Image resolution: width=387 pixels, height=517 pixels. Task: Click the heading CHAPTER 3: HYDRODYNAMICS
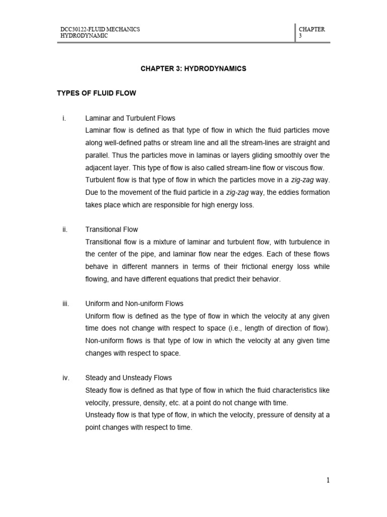pos(193,68)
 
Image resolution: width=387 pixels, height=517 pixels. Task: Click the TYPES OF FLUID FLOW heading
pos(97,93)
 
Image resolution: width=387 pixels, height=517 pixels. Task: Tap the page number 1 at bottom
pos(328,480)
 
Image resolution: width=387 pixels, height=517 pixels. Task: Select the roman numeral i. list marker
pos(64,118)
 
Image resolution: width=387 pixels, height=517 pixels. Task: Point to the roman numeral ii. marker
pos(64,229)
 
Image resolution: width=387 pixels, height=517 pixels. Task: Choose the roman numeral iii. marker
pos(65,303)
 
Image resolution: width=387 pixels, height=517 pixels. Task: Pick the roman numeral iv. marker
pos(65,378)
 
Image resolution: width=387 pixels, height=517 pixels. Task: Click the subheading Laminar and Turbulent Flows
pos(131,118)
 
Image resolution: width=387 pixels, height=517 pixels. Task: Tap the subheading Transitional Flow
pos(112,229)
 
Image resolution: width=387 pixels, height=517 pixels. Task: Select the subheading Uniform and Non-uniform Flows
pos(135,303)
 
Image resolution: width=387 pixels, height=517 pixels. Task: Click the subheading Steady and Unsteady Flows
pos(129,378)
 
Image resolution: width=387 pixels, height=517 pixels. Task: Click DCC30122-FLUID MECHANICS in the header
pos(100,29)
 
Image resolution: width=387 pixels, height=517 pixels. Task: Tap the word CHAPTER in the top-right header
pos(312,29)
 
